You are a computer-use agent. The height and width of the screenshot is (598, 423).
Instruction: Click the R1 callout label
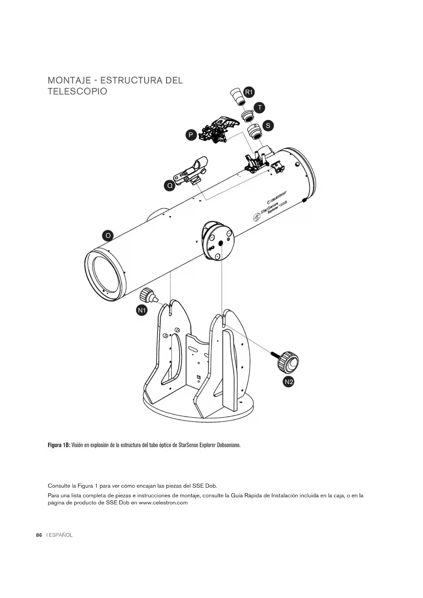click(x=249, y=92)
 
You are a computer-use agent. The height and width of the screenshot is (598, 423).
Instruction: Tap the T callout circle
click(x=260, y=108)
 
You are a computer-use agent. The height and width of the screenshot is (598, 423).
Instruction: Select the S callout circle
click(x=268, y=125)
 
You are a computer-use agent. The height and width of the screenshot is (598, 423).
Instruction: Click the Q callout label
click(x=169, y=186)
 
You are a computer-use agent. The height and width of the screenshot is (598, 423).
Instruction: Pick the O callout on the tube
click(x=108, y=236)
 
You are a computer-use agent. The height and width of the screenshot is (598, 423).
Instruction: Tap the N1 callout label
click(x=142, y=310)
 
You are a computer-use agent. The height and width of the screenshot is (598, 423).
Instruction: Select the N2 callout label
click(x=289, y=382)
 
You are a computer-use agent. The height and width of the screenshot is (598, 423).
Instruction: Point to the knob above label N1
click(x=149, y=295)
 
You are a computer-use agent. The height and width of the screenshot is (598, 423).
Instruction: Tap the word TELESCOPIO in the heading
click(x=77, y=91)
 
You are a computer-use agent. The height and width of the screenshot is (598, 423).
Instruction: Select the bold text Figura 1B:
click(x=59, y=445)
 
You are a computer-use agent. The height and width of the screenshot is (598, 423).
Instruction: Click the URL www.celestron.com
click(x=163, y=503)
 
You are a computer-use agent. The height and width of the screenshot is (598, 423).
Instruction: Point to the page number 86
click(x=39, y=535)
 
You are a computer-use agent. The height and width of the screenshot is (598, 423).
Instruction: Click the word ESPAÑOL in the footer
click(x=61, y=535)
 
